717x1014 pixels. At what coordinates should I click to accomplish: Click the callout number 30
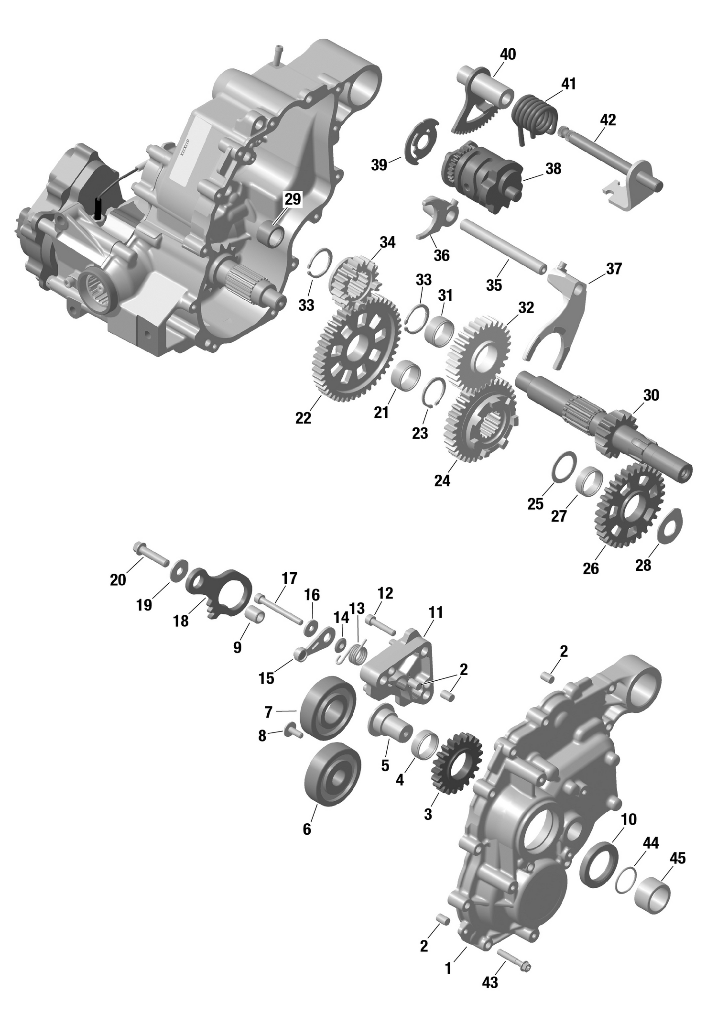[x=651, y=395]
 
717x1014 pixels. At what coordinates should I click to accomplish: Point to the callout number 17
[x=289, y=578]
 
